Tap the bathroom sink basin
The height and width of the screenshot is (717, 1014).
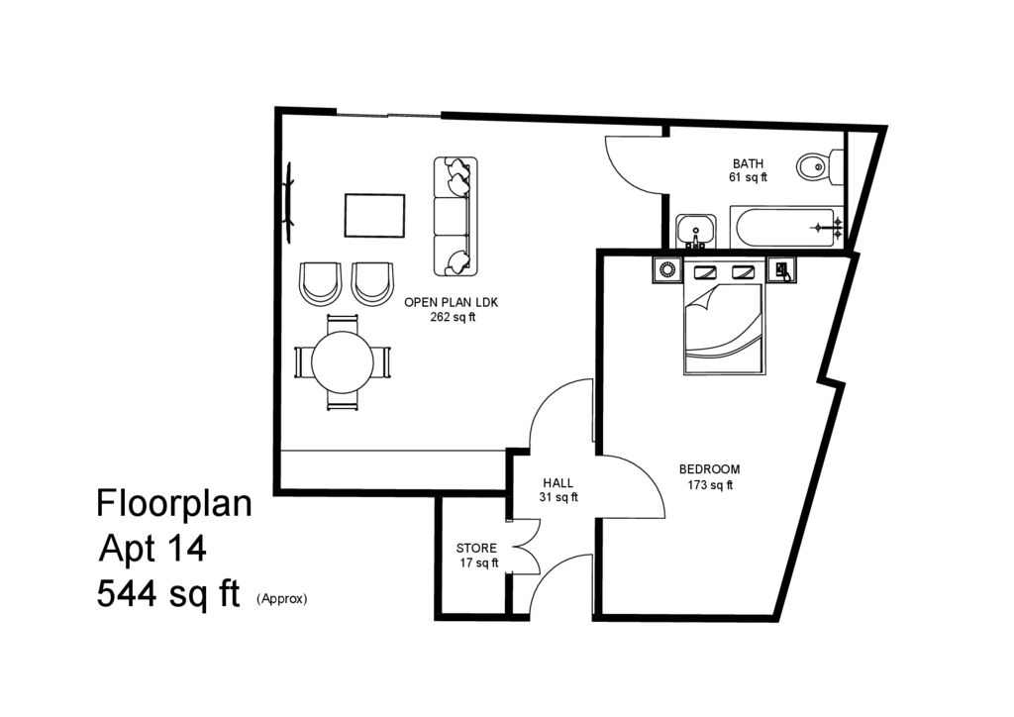[x=696, y=231]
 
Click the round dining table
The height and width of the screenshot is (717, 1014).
[x=342, y=362]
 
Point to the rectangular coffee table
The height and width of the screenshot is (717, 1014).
[x=374, y=216]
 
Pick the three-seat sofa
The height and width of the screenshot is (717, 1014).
[x=456, y=216]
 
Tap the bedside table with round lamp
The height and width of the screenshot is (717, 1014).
[x=666, y=269]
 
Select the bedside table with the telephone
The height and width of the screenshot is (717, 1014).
[x=782, y=269]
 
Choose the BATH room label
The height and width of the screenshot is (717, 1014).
[x=748, y=163]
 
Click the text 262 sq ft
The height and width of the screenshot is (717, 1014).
[x=453, y=317]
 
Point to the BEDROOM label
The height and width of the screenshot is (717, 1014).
[x=709, y=469]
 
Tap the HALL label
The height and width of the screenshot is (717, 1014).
[x=558, y=483]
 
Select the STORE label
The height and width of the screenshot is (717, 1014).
[x=476, y=549]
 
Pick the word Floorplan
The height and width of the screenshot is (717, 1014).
[x=174, y=503]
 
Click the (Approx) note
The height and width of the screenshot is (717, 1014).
[x=282, y=599]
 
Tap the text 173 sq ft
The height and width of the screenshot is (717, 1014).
[x=709, y=485]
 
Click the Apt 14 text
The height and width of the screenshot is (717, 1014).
[x=152, y=549]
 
